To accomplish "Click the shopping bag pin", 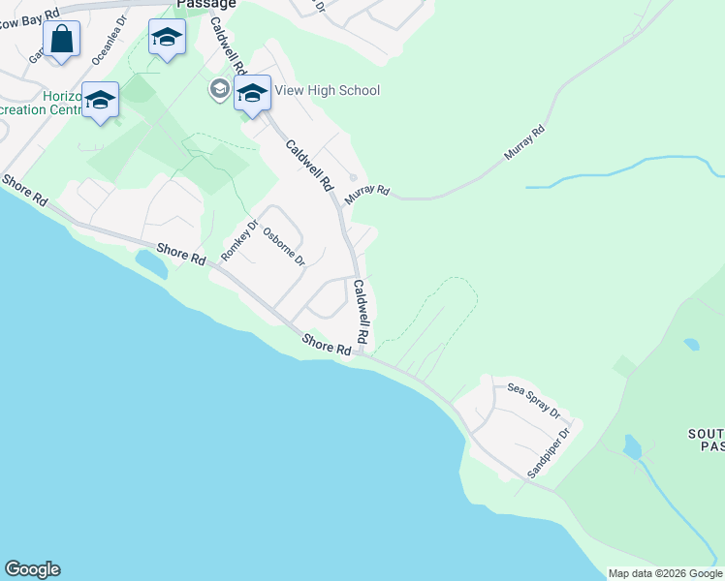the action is [x=61, y=41].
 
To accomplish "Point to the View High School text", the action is [x=327, y=90].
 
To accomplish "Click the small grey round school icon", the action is [x=219, y=90].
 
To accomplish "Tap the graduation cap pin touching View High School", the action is [x=252, y=95].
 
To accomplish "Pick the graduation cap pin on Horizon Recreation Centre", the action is [x=100, y=101].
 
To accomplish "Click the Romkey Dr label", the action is [x=239, y=241].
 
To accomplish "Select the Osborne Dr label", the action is [x=284, y=247].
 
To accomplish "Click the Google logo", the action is [x=32, y=569].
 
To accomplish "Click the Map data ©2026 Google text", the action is [x=665, y=573].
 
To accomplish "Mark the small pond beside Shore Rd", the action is [x=150, y=262].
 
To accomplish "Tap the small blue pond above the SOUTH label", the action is [x=691, y=344].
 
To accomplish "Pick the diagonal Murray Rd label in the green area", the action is [x=524, y=142].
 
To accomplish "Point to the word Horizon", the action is [x=60, y=97].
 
